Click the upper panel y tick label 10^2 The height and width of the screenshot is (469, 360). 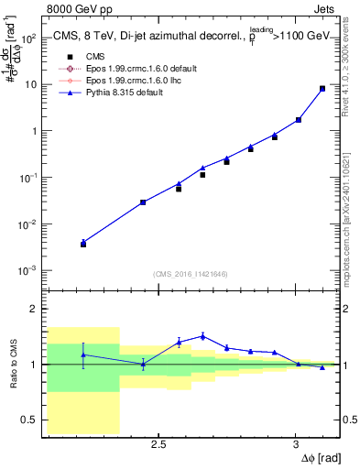[28, 38]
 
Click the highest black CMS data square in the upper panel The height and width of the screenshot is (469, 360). [322, 89]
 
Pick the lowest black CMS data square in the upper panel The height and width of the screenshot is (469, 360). [83, 244]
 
